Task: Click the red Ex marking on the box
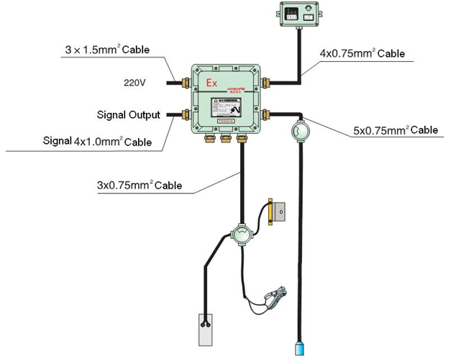point(212,83)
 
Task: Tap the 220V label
point(134,83)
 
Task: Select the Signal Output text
point(129,115)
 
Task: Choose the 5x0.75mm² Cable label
point(395,130)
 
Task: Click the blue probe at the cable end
point(299,349)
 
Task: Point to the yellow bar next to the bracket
point(270,212)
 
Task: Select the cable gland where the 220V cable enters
point(186,83)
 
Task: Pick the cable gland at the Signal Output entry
point(186,114)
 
